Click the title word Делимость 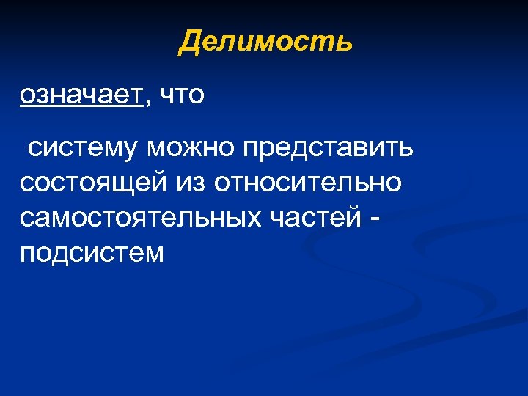[266, 41]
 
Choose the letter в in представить [374, 149]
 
